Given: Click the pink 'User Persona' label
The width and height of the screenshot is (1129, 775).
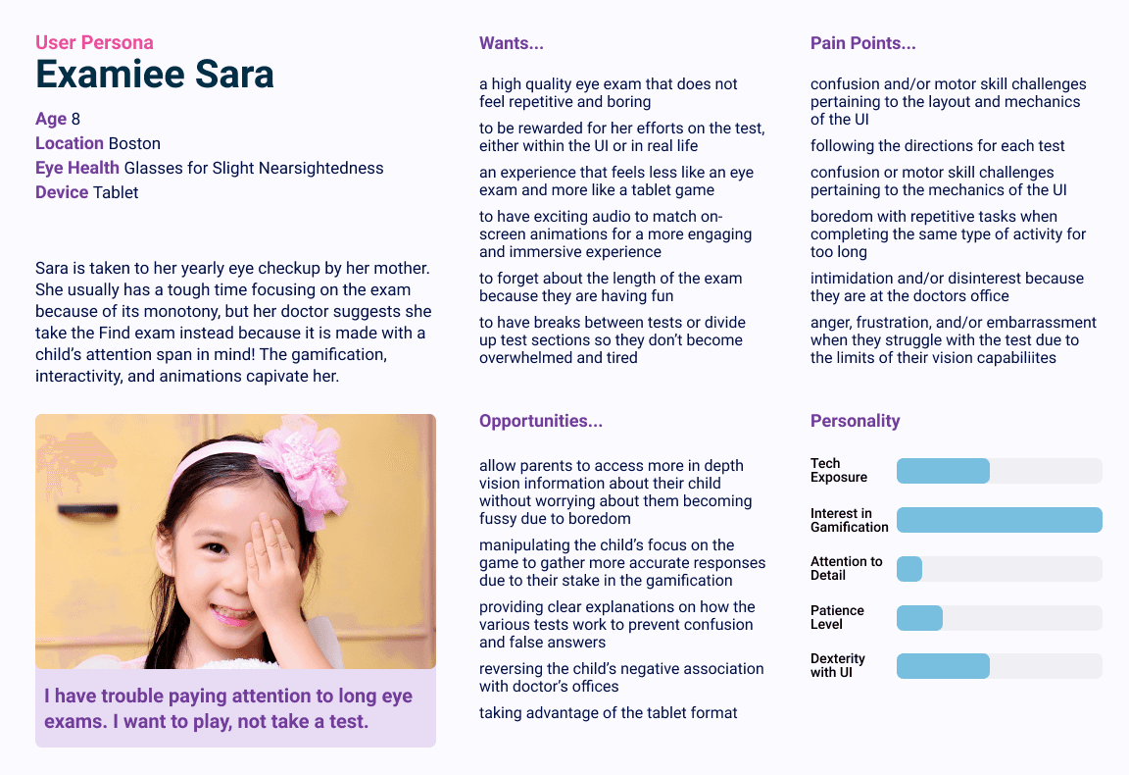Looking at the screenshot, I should coord(94,42).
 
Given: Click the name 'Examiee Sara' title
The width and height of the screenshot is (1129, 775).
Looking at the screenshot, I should coord(155,75).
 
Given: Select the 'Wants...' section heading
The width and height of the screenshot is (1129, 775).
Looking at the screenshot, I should coord(511,43).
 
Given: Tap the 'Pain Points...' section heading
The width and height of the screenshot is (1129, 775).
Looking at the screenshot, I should coord(862,43).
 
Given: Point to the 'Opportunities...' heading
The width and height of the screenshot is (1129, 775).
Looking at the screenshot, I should coord(540,421).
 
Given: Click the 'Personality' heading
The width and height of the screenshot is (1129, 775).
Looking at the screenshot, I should coord(855,421).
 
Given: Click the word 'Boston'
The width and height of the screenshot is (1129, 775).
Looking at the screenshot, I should coord(134,143).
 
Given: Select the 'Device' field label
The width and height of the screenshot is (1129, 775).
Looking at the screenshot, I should coord(62,192).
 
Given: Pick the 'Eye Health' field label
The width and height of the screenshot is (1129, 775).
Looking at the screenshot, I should coord(77,168).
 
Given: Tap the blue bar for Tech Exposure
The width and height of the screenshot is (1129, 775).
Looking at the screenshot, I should coord(943,471).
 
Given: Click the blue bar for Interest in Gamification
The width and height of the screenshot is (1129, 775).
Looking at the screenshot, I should coord(999,520).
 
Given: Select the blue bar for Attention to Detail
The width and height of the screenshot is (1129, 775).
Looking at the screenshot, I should coord(909,569).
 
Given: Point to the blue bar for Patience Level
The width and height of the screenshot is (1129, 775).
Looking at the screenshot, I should coord(919,618).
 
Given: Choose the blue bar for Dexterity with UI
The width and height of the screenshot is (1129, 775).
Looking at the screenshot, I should coord(943,666).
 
